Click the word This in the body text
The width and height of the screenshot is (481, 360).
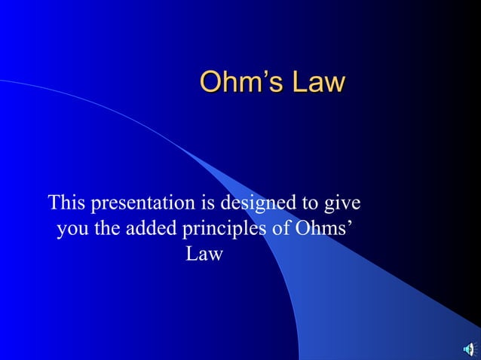point(66,203)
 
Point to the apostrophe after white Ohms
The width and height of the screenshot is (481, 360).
point(347,224)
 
